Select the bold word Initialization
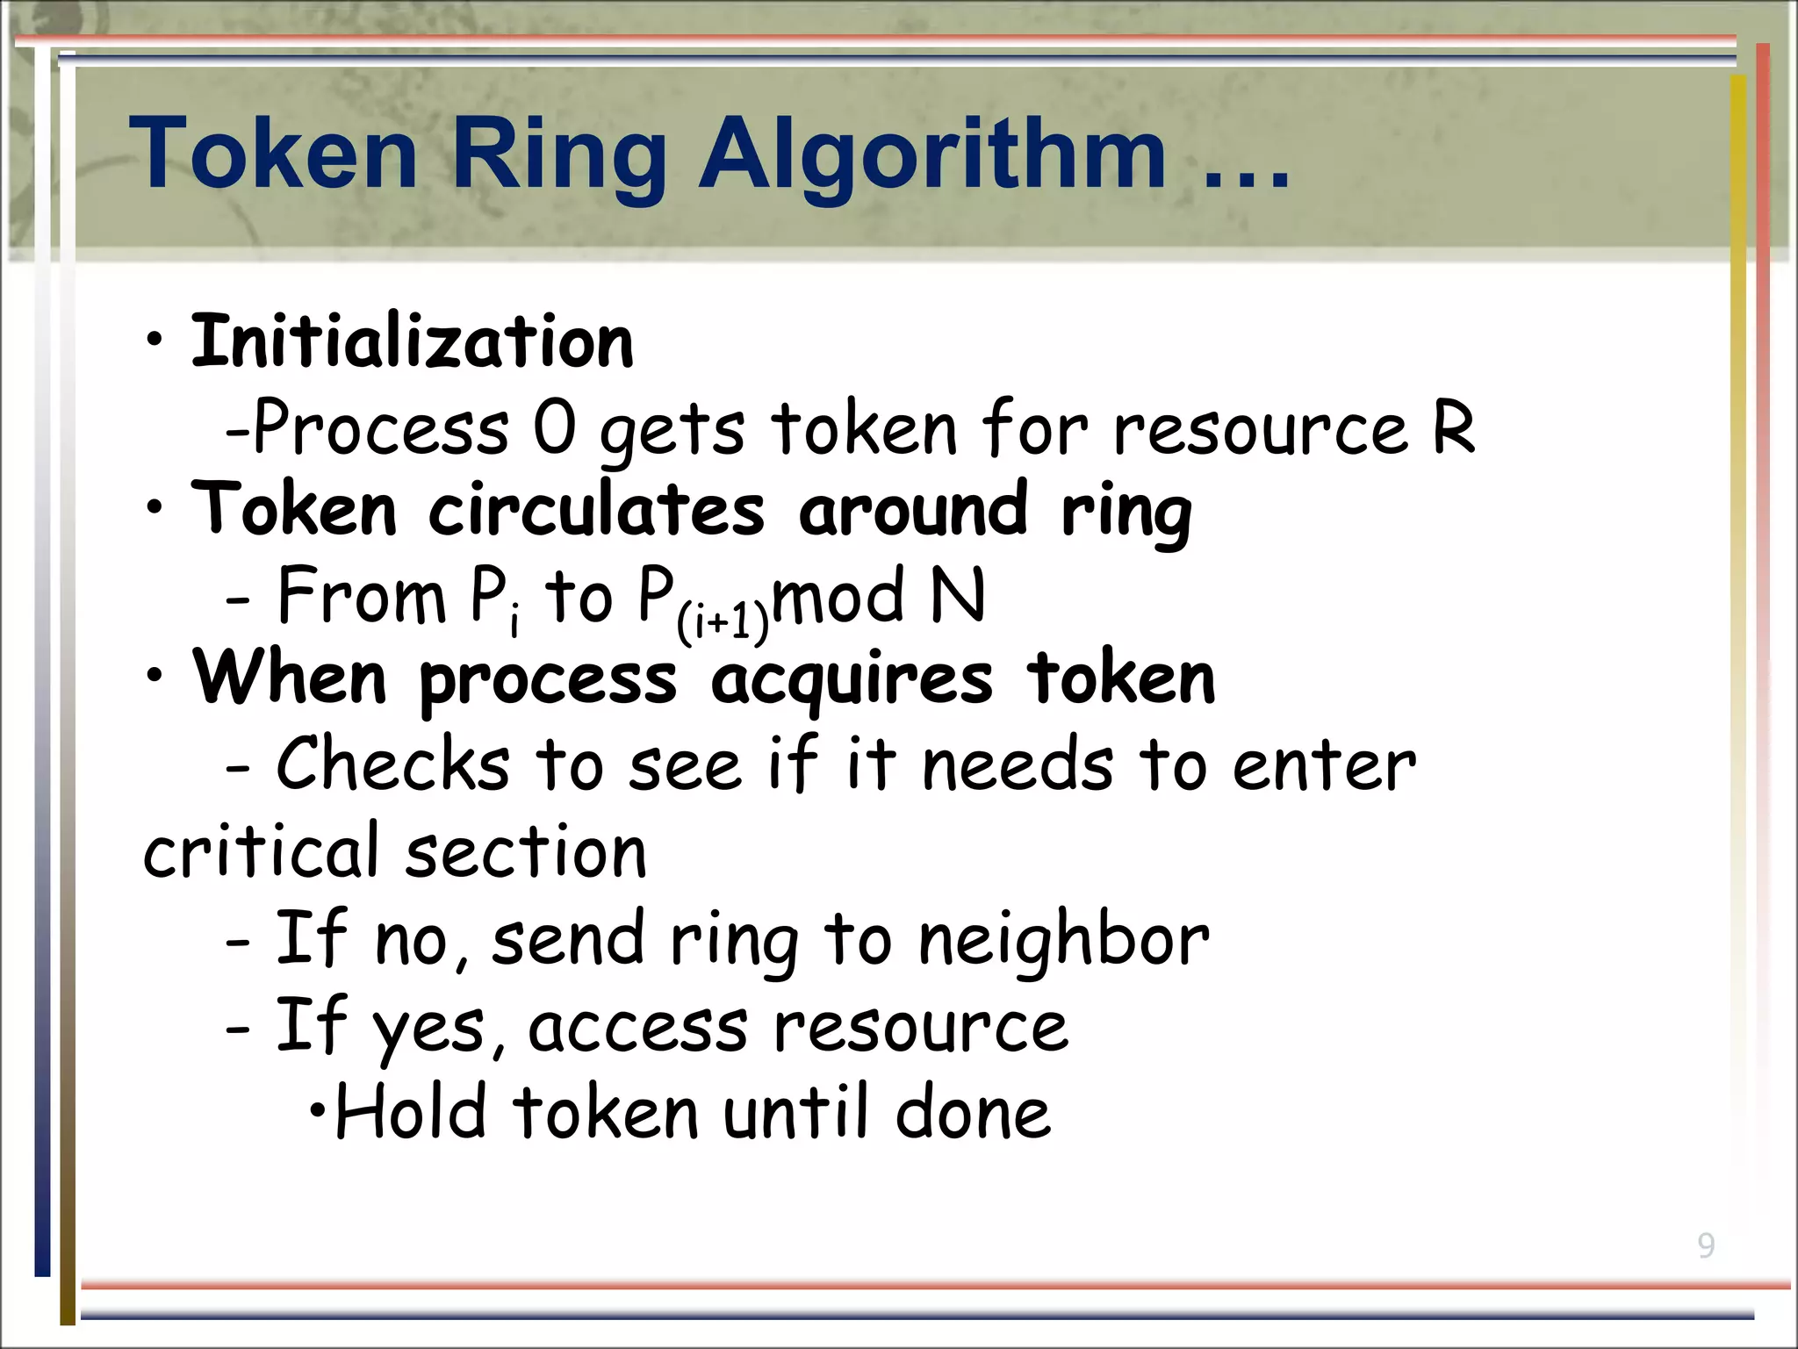[x=412, y=342]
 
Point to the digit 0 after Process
[x=555, y=428]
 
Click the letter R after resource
[x=1453, y=428]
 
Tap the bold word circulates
[x=596, y=511]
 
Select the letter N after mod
[x=957, y=596]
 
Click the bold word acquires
[x=852, y=681]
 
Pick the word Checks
[x=392, y=764]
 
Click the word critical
[x=261, y=850]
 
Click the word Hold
[x=411, y=1112]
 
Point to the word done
[x=972, y=1112]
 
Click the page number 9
[x=1705, y=1245]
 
